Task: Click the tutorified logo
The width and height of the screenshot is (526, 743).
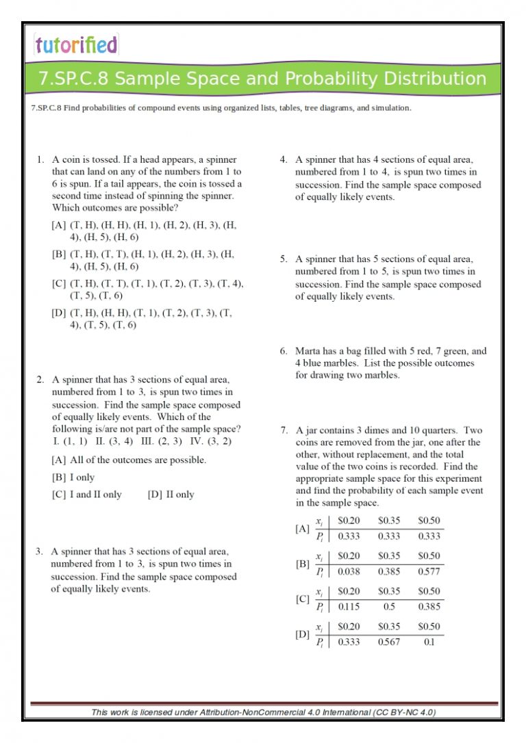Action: (x=76, y=45)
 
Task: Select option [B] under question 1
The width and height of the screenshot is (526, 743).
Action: (x=58, y=254)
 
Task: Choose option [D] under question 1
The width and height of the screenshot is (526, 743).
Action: (x=58, y=313)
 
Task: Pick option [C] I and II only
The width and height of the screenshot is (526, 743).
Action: (x=86, y=494)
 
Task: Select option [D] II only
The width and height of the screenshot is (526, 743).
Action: (x=171, y=494)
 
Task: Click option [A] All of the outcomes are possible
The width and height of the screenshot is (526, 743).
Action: (x=129, y=460)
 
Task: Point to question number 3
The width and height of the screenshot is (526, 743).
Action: (x=40, y=551)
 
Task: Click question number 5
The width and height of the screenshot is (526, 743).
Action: (x=283, y=259)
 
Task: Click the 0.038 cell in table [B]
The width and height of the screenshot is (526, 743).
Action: (x=349, y=571)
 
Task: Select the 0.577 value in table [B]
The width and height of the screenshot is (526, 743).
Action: (x=429, y=571)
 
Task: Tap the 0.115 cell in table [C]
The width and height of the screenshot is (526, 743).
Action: (x=349, y=606)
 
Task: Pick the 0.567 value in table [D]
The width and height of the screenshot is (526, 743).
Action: (x=389, y=642)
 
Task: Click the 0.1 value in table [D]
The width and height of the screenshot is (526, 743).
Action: (x=429, y=642)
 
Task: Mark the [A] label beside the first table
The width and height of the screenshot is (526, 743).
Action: (x=302, y=529)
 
